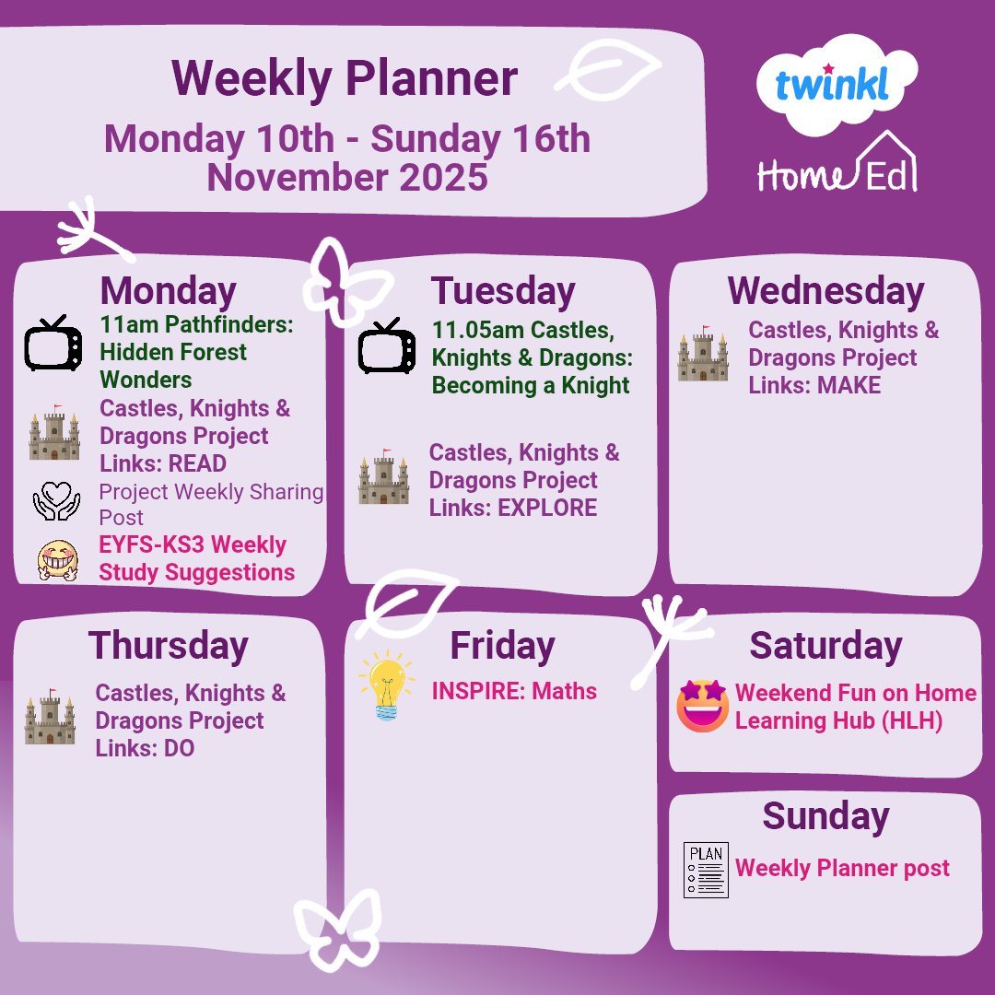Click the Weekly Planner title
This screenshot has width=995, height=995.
point(344,79)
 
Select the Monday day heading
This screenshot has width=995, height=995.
point(169,291)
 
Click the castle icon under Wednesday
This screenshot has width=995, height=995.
point(703,354)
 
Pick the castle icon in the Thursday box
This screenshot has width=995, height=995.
point(51,717)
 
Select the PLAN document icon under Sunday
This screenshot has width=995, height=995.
point(706,870)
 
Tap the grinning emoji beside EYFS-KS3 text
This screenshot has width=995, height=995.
point(56,558)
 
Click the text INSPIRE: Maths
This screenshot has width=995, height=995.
point(514,692)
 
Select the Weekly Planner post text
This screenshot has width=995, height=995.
point(842,869)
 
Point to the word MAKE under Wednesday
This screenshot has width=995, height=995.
point(849,386)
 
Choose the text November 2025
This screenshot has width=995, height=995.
point(347,177)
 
